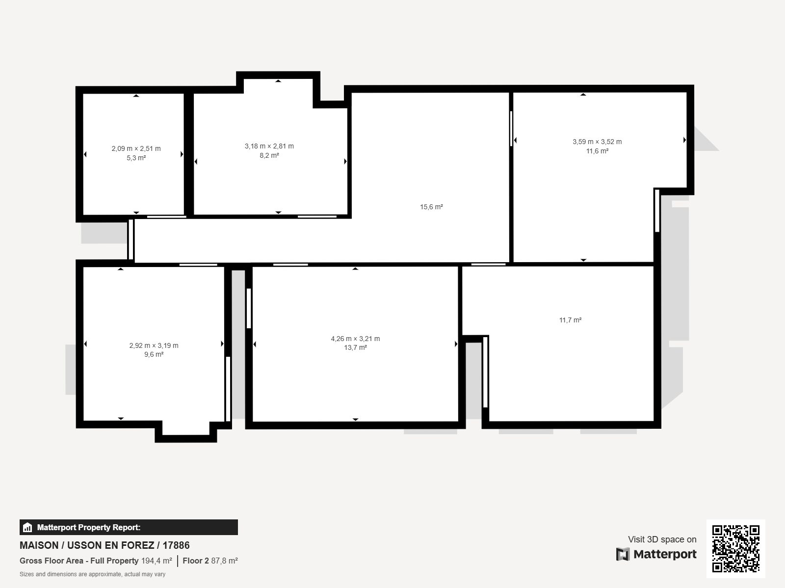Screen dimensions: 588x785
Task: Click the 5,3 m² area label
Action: point(136,158)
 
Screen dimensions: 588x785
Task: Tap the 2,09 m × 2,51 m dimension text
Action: point(136,148)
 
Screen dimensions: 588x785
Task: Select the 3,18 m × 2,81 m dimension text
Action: point(269,146)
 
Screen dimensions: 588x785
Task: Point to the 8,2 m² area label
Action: point(269,155)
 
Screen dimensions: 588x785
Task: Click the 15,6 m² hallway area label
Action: point(431,207)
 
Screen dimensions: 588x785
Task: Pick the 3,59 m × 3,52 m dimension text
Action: point(597,142)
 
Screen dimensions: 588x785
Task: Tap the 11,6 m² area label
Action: point(597,151)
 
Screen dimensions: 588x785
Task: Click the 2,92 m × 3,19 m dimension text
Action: point(154,345)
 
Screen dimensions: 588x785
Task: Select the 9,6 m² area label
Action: point(154,354)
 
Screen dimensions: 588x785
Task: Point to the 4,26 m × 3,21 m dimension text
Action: point(356,339)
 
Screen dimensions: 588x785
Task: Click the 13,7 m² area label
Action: point(356,347)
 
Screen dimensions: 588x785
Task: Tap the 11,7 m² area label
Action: point(570,320)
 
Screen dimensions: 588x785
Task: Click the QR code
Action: point(735,548)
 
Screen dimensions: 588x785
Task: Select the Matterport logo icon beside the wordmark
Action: point(623,554)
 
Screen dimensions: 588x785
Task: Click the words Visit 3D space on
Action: point(662,539)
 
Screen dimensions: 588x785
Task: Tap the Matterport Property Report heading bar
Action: point(129,527)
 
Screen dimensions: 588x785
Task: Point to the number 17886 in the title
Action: point(176,545)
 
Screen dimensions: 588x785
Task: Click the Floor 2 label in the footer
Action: point(196,561)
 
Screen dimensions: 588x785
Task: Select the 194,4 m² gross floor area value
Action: point(157,561)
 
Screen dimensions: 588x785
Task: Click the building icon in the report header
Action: point(27,528)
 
